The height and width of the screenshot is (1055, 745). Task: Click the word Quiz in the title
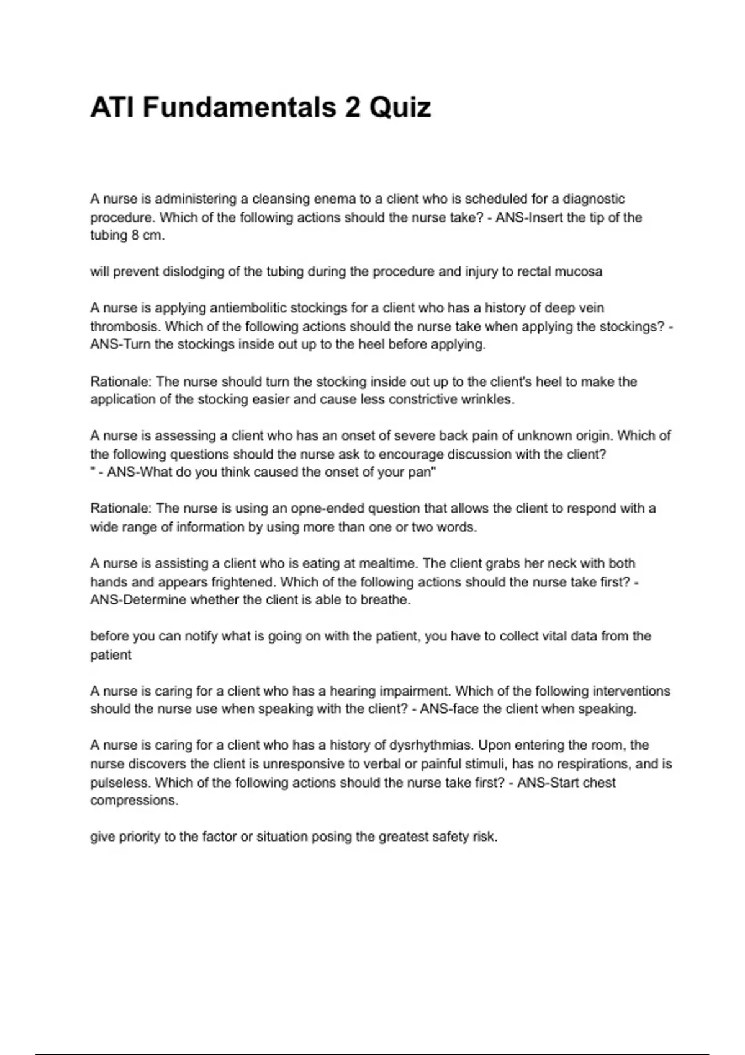(x=400, y=108)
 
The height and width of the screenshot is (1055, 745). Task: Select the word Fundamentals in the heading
(x=239, y=108)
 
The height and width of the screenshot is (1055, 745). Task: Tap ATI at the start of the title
(x=112, y=108)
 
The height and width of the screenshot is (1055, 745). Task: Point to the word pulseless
(x=119, y=783)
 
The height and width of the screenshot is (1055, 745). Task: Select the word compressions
(x=133, y=801)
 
